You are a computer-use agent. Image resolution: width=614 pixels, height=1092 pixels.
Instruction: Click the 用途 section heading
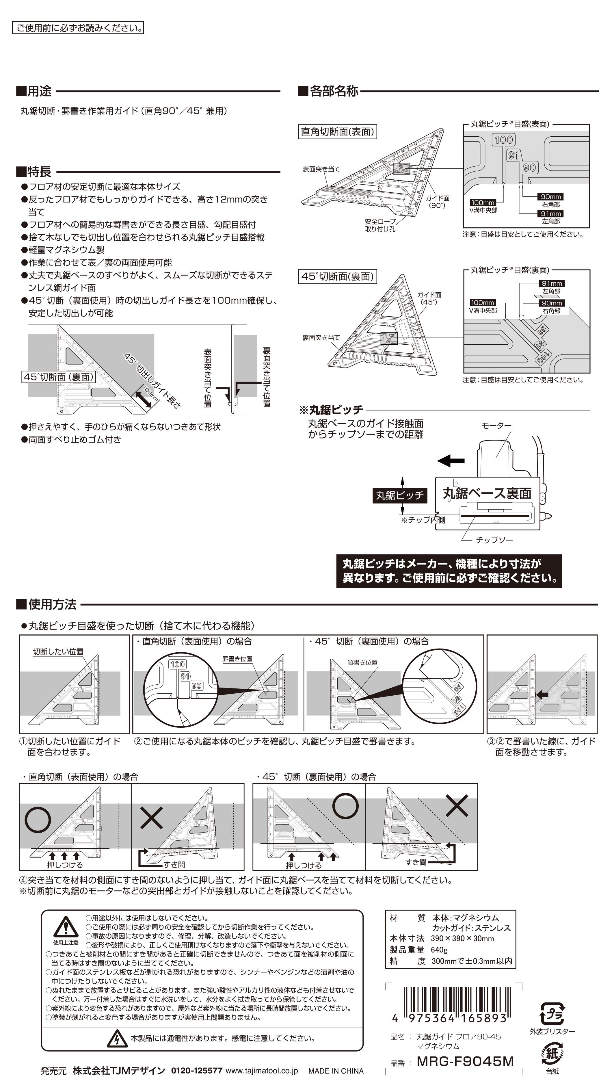(x=34, y=91)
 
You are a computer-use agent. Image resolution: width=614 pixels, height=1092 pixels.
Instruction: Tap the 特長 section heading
(x=34, y=172)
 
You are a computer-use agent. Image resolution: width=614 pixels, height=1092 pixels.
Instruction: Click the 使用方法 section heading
(x=46, y=604)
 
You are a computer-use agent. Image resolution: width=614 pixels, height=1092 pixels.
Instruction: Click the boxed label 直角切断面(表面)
(x=337, y=131)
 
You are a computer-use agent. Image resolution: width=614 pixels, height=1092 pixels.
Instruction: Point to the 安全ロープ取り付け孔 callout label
(x=380, y=225)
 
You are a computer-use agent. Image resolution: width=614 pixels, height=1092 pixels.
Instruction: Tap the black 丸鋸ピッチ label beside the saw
(x=400, y=495)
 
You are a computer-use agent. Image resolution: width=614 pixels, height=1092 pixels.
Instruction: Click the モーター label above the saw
(x=497, y=425)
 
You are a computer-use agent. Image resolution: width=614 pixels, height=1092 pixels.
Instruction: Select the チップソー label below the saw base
(x=494, y=540)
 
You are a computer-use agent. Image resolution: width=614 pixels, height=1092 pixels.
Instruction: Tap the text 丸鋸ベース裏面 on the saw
(x=487, y=493)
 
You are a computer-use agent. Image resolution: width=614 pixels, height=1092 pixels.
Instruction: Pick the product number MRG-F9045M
(x=465, y=1061)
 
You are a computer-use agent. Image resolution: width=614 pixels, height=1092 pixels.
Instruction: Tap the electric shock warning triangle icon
(x=117, y=1038)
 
